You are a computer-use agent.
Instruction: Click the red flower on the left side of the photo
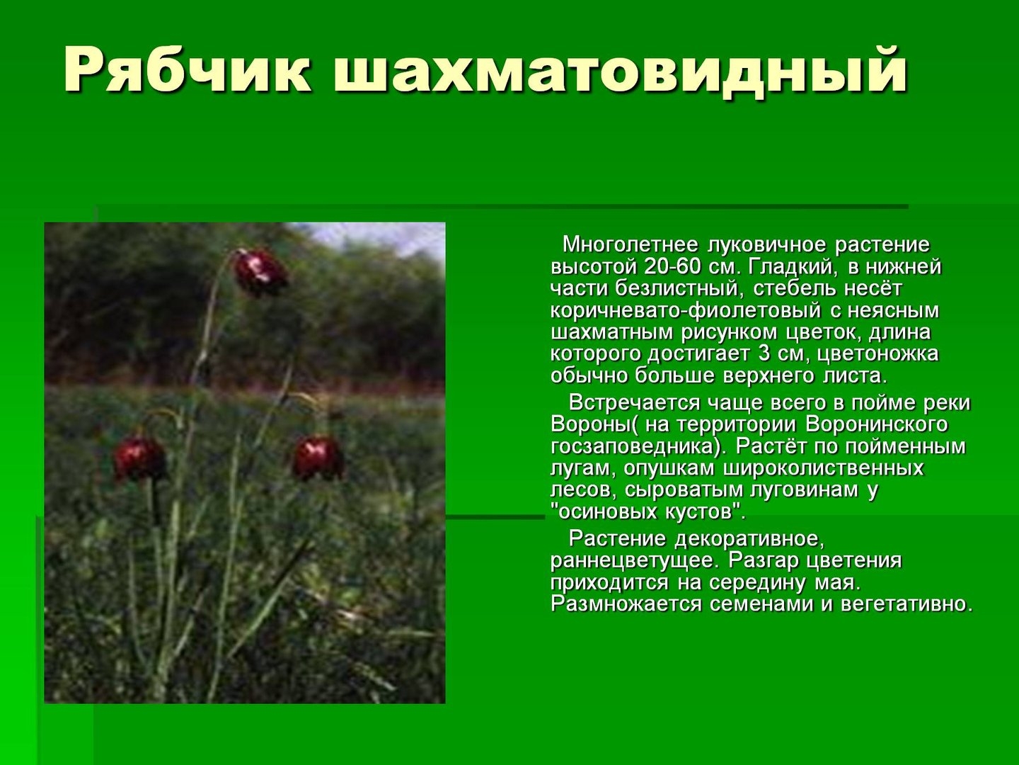[139, 458]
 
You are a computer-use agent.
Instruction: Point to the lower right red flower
[318, 458]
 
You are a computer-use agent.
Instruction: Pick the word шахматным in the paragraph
[612, 333]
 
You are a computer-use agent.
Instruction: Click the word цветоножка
[877, 354]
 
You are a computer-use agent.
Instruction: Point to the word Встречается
[633, 403]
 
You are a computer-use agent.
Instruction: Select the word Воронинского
[877, 425]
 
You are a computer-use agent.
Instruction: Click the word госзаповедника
[632, 447]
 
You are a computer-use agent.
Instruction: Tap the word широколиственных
[824, 468]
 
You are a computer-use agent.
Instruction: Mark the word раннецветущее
[635, 561]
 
